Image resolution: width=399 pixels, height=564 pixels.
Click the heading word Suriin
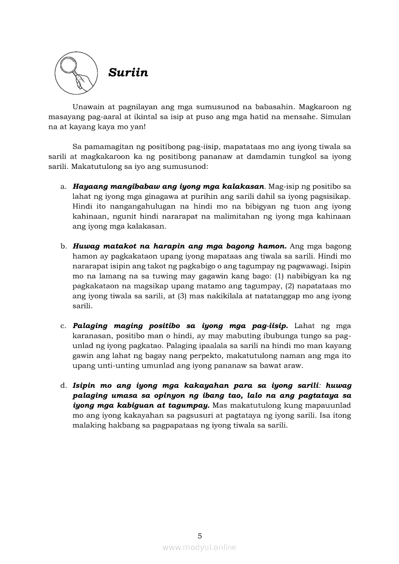click(128, 73)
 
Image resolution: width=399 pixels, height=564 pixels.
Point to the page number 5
click(199, 536)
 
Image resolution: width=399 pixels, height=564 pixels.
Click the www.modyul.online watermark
click(199, 547)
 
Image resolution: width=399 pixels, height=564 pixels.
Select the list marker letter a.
click(63, 186)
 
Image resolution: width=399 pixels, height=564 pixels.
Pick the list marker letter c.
click(63, 326)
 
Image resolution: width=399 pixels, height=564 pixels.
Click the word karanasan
click(91, 336)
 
